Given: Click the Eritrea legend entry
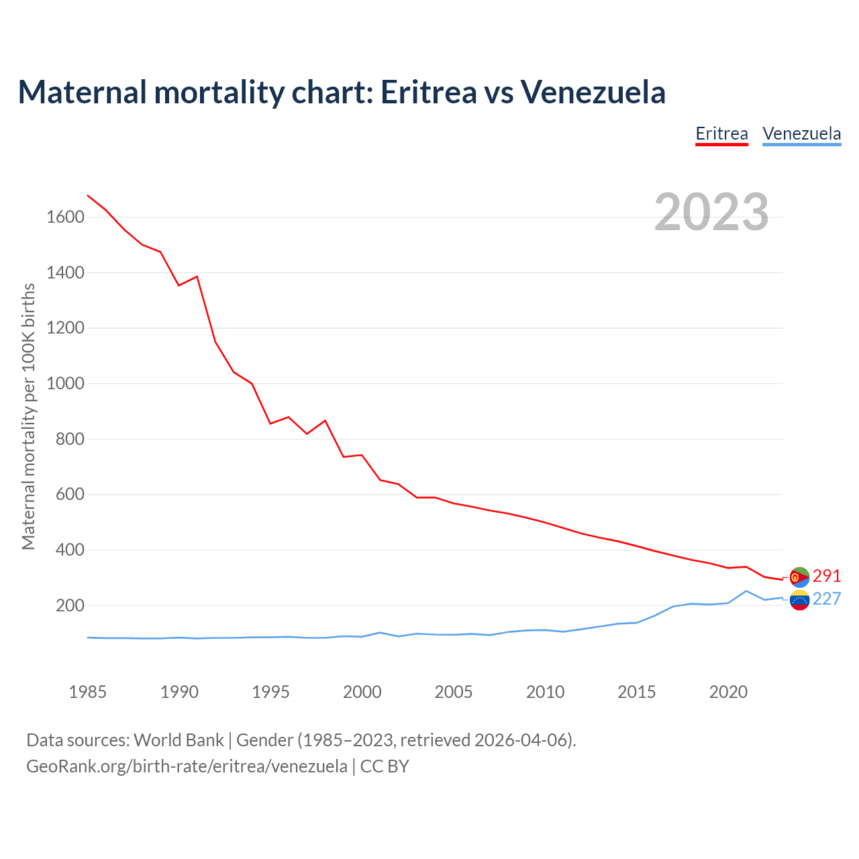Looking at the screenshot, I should (x=721, y=134).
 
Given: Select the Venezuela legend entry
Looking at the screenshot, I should (x=801, y=134).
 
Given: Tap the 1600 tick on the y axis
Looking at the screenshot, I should (x=65, y=217).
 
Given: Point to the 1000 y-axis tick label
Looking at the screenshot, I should (x=65, y=384).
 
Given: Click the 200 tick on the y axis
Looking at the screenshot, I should (x=70, y=606).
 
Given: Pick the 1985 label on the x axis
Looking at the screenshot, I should (x=88, y=692).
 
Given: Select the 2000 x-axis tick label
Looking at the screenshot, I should (x=362, y=692).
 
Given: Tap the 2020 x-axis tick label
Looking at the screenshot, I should (x=728, y=692).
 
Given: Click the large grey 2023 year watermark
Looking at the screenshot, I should (x=711, y=212).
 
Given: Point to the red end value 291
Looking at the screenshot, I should (x=827, y=576).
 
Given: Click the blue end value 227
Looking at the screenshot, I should (x=827, y=599).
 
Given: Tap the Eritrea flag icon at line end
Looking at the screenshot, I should (x=800, y=576).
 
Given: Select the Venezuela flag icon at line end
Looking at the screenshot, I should (x=800, y=599).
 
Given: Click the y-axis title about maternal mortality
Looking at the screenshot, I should (x=28, y=416).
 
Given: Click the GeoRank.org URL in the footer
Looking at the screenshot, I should (x=187, y=766).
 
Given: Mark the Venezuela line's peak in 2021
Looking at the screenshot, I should (x=746, y=591).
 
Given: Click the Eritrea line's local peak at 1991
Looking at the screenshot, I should (x=197, y=276).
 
